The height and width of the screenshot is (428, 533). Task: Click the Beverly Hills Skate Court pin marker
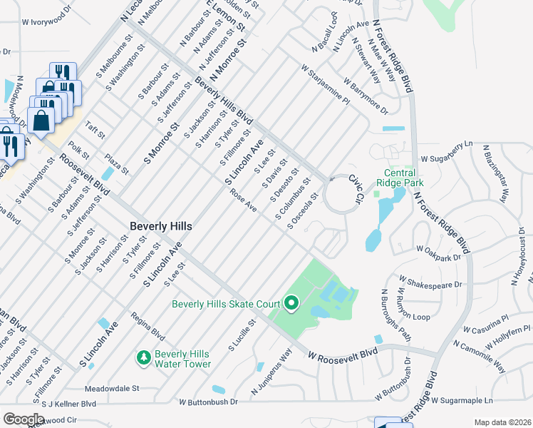pos(291,305)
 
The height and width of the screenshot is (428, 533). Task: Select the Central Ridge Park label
pos(410,178)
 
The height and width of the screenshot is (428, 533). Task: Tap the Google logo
pos(24,419)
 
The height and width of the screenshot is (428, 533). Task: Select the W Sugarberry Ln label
pos(446,152)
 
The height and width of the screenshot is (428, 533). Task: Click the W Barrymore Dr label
pos(365,97)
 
